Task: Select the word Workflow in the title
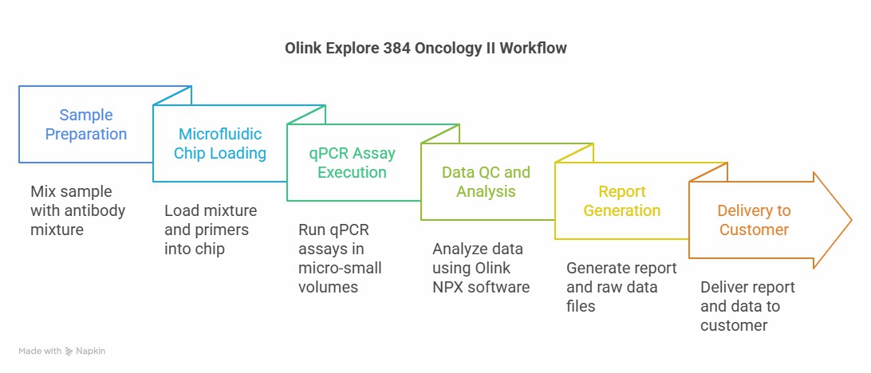(x=533, y=49)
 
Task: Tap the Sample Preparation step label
(x=86, y=124)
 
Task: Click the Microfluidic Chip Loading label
(x=220, y=143)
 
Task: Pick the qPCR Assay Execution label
(x=353, y=162)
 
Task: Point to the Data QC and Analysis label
(x=486, y=182)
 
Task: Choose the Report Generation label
(x=622, y=201)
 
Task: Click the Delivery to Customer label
(x=753, y=220)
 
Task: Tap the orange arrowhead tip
(x=852, y=220)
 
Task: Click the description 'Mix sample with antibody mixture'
(x=78, y=210)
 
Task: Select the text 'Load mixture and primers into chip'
(x=211, y=230)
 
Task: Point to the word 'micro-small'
(x=340, y=268)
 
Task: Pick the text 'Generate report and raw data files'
(x=621, y=287)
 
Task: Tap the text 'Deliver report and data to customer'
(x=747, y=306)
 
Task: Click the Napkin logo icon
(x=69, y=351)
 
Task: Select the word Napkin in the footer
(x=90, y=351)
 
